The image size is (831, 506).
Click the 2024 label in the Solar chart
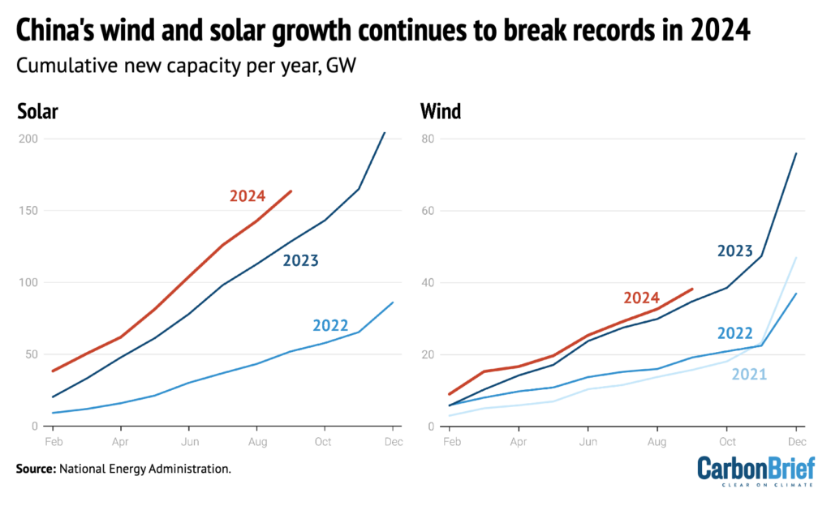(248, 195)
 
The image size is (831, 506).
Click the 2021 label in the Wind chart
(749, 374)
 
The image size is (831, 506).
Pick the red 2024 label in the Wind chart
(642, 298)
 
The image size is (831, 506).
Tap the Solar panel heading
(37, 112)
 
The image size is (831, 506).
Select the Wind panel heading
(440, 112)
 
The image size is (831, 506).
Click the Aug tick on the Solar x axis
(256, 443)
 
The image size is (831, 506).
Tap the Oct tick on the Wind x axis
(727, 443)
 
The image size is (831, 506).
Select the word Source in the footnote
(37, 469)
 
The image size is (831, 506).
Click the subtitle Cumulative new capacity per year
(162, 66)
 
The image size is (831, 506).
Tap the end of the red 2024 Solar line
(291, 191)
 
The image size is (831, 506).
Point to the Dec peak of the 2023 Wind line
(795, 153)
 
